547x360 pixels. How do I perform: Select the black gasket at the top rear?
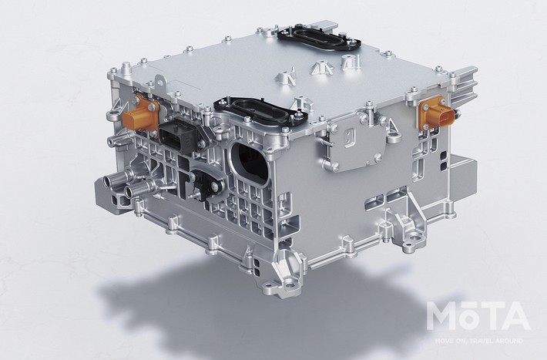coord(318,38)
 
